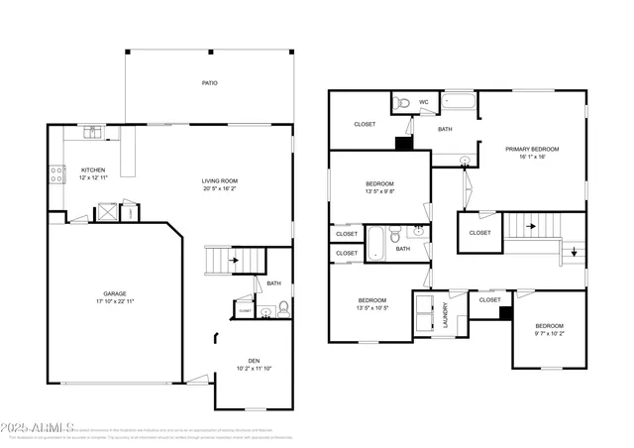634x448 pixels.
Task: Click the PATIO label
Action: pyautogui.click(x=209, y=83)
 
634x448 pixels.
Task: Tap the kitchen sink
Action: pyautogui.click(x=92, y=130)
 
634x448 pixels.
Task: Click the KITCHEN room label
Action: pyautogui.click(x=92, y=169)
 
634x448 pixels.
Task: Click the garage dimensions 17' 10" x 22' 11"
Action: pyautogui.click(x=115, y=300)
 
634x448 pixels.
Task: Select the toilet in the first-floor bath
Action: pyautogui.click(x=283, y=309)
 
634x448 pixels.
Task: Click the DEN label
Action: pyautogui.click(x=254, y=360)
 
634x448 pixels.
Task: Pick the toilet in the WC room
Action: pyautogui.click(x=402, y=103)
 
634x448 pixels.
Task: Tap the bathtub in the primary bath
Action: pyautogui.click(x=460, y=101)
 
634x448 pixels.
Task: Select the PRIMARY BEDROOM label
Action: pyautogui.click(x=532, y=149)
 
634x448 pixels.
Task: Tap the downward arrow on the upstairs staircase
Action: pyautogui.click(x=574, y=252)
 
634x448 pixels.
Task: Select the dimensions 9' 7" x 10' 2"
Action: pyautogui.click(x=549, y=334)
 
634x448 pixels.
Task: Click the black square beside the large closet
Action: pyautogui.click(x=403, y=143)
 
